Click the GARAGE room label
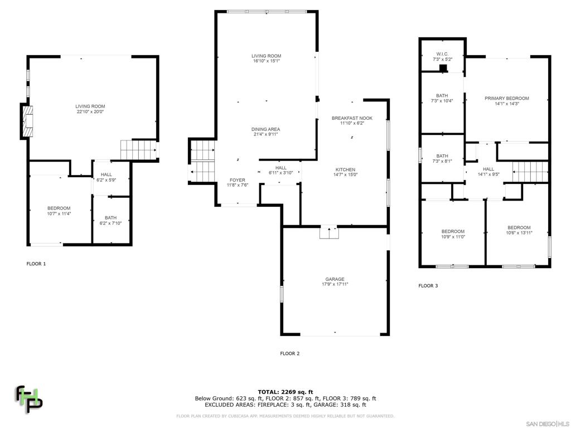335,279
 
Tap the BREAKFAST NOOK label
352,118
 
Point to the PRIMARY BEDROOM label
506,99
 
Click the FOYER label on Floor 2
237,180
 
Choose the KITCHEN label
345,170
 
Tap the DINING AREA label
265,129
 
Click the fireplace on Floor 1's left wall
27,121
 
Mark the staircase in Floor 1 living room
137,149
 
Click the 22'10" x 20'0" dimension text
90,111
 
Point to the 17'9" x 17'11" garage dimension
335,284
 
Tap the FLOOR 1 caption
36,264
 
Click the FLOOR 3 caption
428,286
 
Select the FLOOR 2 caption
290,353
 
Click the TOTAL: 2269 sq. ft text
285,392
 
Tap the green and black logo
28,398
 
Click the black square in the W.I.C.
443,69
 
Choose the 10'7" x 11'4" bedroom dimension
59,213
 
